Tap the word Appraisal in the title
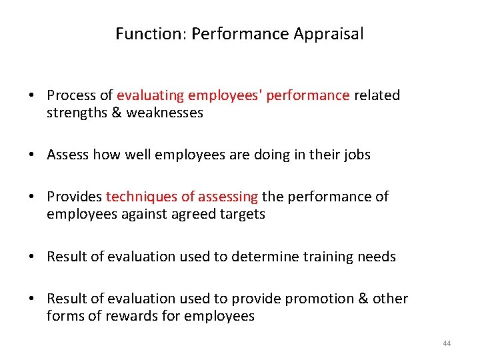pyautogui.click(x=329, y=34)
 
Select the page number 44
pyautogui.click(x=447, y=343)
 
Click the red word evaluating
pyautogui.click(x=151, y=95)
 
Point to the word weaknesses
pyautogui.click(x=165, y=113)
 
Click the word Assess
pyautogui.click(x=68, y=155)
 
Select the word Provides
pyautogui.click(x=75, y=197)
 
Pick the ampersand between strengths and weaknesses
pyautogui.click(x=117, y=113)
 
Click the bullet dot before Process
pyautogui.click(x=32, y=96)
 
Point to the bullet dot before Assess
pyautogui.click(x=32, y=155)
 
